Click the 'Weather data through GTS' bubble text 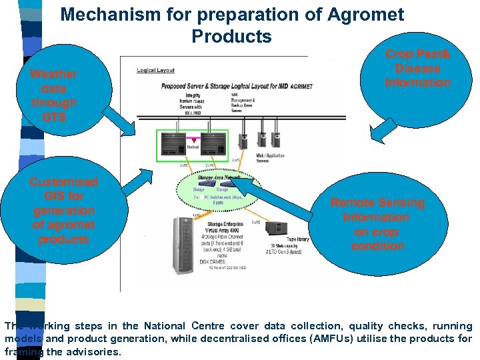click(53, 95)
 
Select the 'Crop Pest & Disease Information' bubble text click(418, 68)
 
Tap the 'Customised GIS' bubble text click(63, 210)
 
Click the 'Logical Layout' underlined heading click(155, 69)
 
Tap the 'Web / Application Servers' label click(271, 158)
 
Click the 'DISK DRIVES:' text click(213, 263)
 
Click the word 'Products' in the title click(231, 36)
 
